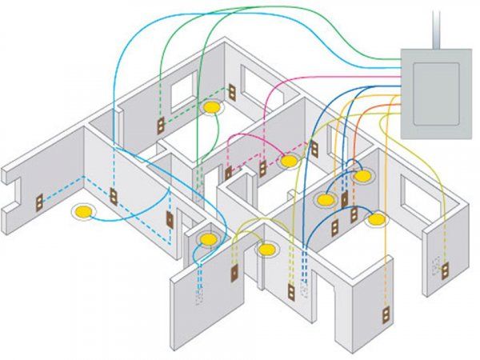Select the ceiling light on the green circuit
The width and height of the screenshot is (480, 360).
click(x=213, y=106)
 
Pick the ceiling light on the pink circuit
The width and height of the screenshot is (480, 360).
click(x=289, y=161)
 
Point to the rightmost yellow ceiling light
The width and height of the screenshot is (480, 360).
click(x=377, y=217)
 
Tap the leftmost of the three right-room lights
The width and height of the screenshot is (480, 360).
click(x=325, y=199)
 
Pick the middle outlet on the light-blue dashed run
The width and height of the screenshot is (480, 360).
click(x=113, y=195)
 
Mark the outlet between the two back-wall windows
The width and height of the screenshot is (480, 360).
click(x=230, y=91)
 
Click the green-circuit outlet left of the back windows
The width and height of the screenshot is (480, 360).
click(x=160, y=124)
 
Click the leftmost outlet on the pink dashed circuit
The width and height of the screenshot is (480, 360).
click(x=228, y=173)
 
